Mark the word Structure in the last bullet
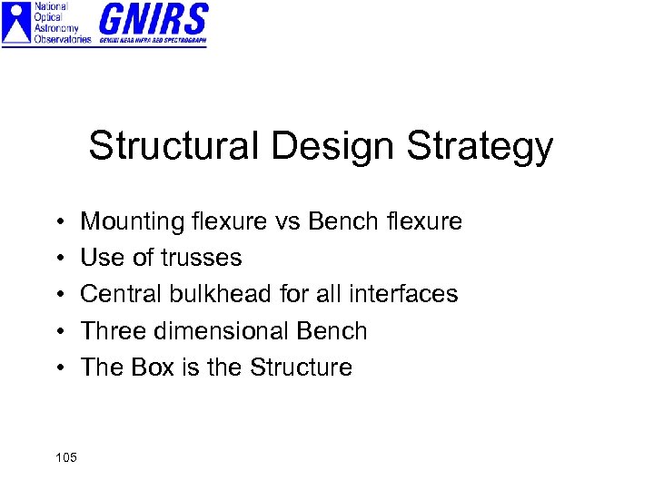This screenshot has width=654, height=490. [301, 367]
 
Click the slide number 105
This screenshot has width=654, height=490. [65, 456]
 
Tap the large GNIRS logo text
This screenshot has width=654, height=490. [153, 18]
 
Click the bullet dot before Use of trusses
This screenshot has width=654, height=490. [57, 259]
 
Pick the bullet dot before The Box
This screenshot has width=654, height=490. [57, 368]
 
